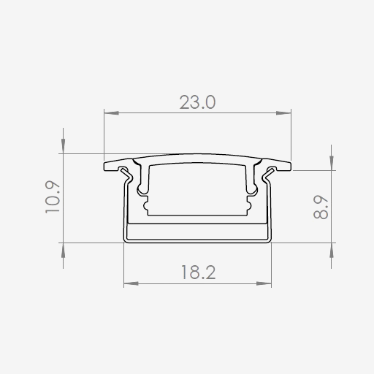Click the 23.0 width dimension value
pos(197,102)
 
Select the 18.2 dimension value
pos(198,272)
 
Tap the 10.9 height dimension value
pos(53,197)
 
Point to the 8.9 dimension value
pos(321,207)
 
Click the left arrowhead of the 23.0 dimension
pos(111,113)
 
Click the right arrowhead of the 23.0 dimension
pos(283,113)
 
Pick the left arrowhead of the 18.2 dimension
pos(131,283)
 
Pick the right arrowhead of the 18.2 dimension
pos(264,283)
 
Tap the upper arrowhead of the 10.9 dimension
pos(63,146)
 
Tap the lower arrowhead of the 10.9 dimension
pos(63,251)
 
